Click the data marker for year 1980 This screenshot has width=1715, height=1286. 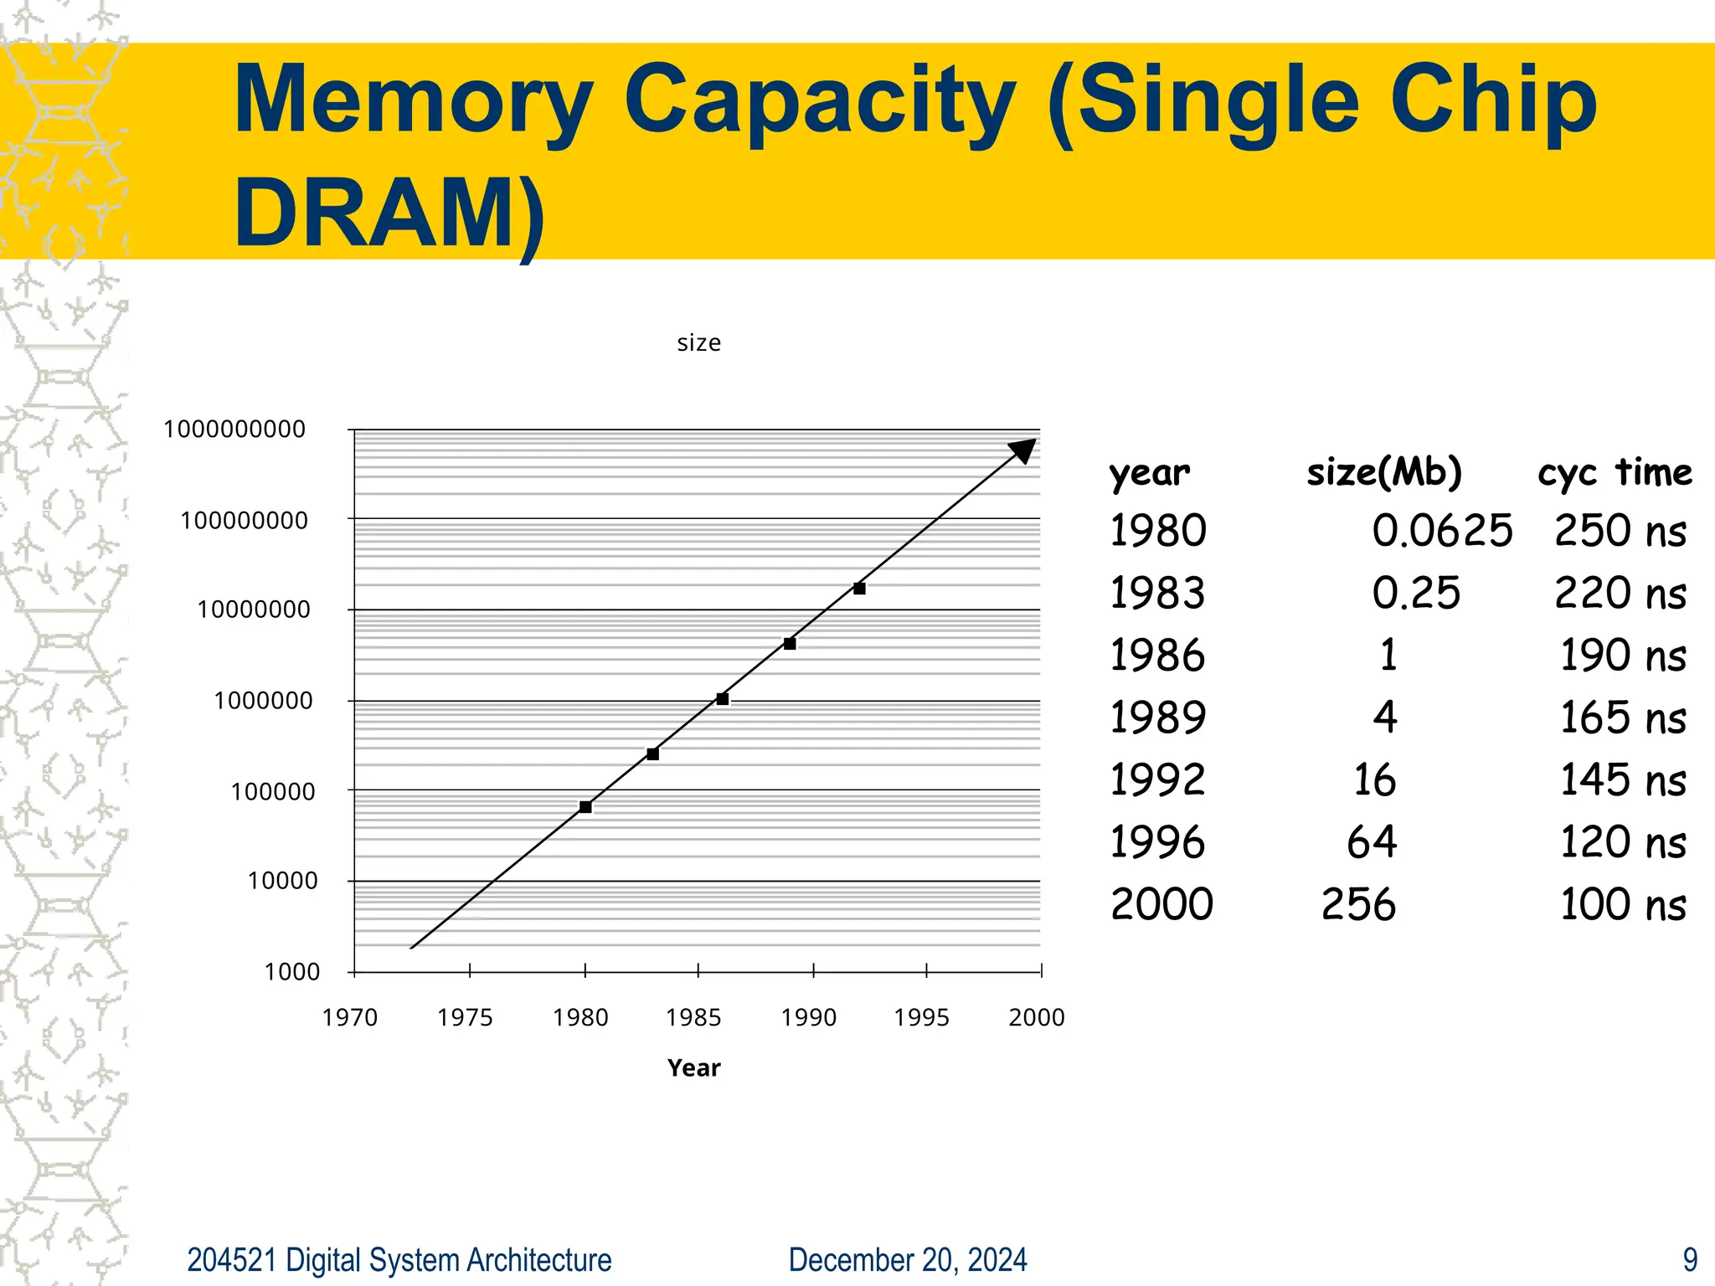585,807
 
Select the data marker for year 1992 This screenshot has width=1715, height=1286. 859,589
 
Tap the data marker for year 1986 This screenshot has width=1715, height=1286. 723,699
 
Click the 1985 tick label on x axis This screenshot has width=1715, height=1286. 693,1017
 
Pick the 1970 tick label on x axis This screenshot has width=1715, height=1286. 350,1017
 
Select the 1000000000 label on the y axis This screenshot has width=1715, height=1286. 234,430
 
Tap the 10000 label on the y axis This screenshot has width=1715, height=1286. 283,881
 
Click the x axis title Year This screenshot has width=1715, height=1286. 693,1067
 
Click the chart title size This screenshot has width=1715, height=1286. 698,342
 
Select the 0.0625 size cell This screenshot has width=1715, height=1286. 1442,531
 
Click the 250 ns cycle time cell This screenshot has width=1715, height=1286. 1620,531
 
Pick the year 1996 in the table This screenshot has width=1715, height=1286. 1157,842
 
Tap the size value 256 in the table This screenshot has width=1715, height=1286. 1358,904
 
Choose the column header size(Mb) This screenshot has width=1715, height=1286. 1384,472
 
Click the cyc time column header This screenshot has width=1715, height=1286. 1615,472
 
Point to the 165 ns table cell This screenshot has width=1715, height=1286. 1622,718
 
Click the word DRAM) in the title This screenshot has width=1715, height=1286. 389,213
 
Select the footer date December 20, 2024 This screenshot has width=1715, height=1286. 908,1260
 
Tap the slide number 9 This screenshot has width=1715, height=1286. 1690,1260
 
